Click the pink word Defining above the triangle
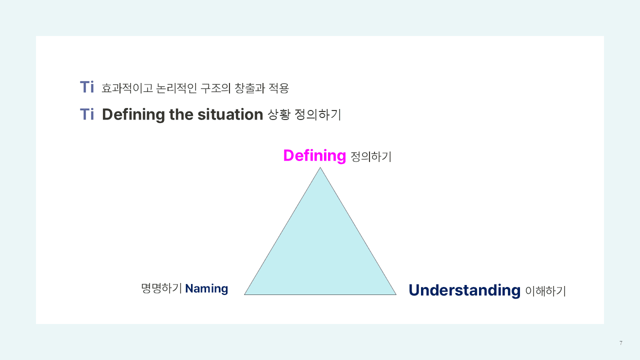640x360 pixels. click(x=314, y=156)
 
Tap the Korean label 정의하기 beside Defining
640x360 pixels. click(x=371, y=156)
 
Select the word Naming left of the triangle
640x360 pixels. click(x=206, y=288)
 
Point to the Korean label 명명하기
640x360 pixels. click(x=161, y=288)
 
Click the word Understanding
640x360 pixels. click(x=464, y=290)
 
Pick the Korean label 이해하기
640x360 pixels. click(x=545, y=291)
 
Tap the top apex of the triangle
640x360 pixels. click(x=320, y=167)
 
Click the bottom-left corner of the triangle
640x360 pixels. click(x=244, y=294)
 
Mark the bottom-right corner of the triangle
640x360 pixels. click(x=396, y=294)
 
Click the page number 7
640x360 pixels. click(x=621, y=343)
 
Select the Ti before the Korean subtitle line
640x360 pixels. click(x=87, y=87)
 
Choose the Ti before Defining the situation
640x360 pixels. click(x=87, y=114)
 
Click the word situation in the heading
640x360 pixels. click(x=230, y=114)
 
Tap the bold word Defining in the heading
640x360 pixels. click(x=133, y=115)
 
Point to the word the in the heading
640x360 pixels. click(x=181, y=114)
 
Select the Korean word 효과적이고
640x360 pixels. click(x=127, y=88)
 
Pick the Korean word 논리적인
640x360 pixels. click(x=176, y=88)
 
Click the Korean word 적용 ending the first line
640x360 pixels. click(x=279, y=88)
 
